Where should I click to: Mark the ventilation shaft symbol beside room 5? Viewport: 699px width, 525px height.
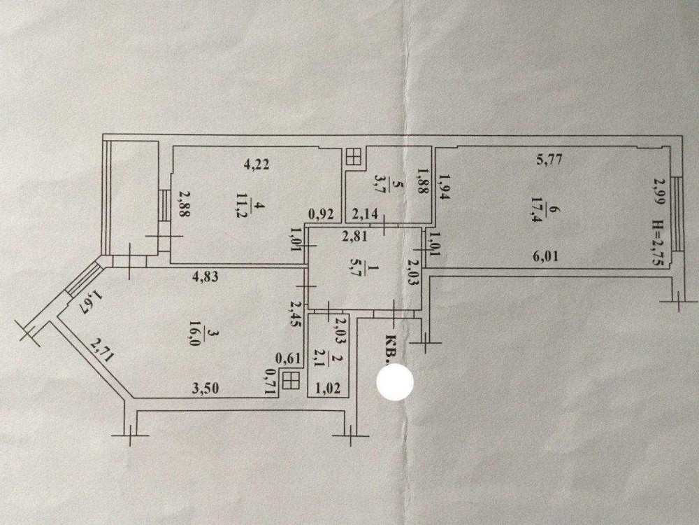(x=354, y=157)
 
